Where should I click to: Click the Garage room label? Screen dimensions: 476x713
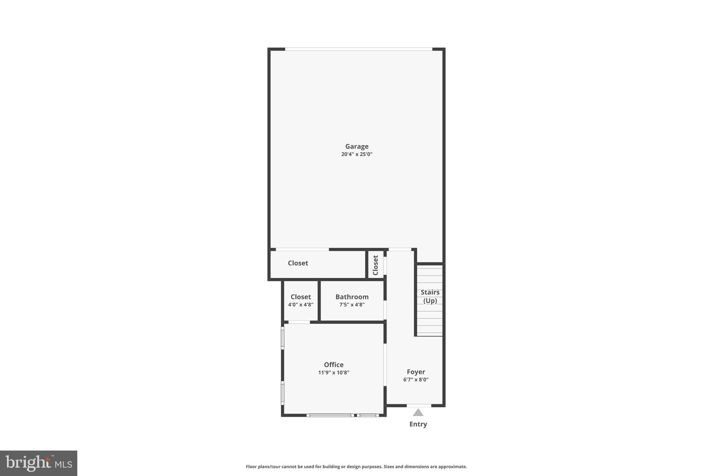[356, 146]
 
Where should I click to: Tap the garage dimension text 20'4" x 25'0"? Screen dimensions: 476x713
[356, 154]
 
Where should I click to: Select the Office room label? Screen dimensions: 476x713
[334, 365]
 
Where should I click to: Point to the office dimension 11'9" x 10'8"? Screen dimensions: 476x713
[334, 372]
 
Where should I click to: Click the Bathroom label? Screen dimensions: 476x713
[352, 297]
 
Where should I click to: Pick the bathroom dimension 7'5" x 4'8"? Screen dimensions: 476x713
[352, 304]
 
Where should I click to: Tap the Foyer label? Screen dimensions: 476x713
[416, 372]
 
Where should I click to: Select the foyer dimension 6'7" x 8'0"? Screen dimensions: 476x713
[416, 379]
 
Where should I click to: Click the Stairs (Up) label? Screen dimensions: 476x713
[430, 296]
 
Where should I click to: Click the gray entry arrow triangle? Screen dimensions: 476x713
[418, 413]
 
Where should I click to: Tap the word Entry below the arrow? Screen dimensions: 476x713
[418, 424]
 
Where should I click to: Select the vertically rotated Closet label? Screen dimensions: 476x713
[375, 265]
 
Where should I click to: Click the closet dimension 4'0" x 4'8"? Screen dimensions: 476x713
[300, 304]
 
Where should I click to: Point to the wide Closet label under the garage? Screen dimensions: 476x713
[298, 263]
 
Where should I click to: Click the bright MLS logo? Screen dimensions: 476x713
[39, 463]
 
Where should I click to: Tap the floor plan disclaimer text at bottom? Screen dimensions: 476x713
[356, 467]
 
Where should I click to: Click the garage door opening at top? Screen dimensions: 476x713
[359, 49]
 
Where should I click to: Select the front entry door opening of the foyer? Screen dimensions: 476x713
[419, 406]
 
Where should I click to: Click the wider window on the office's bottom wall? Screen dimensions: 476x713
[330, 415]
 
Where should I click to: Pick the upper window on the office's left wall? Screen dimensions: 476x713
[283, 338]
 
